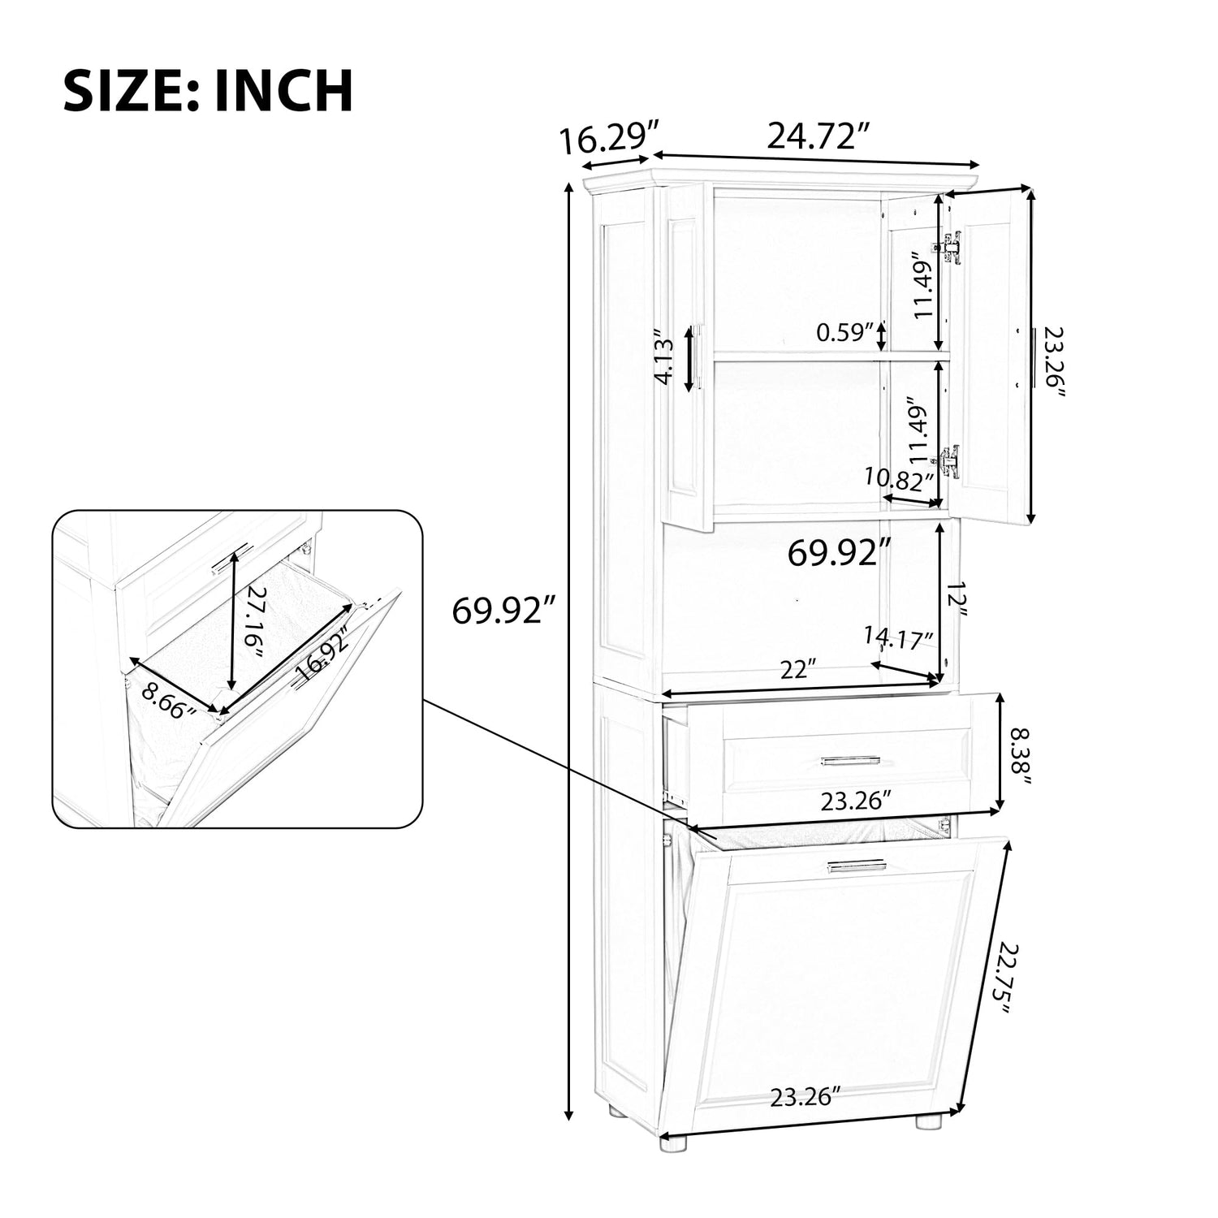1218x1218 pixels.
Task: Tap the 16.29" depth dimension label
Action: pyautogui.click(x=609, y=140)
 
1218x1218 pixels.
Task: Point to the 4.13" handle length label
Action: pyautogui.click(x=665, y=357)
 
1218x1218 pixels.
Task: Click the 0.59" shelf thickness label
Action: pyautogui.click(x=844, y=333)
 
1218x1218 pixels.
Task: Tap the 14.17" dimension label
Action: pyautogui.click(x=898, y=638)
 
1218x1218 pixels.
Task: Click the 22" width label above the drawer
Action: pyautogui.click(x=798, y=670)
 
